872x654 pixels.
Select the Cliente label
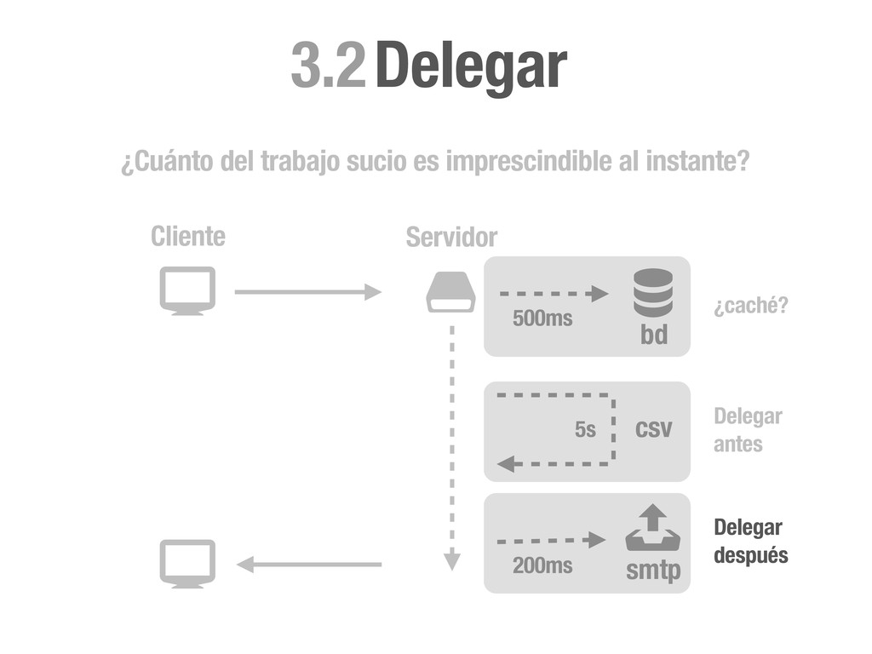click(x=188, y=237)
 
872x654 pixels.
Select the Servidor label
click(x=451, y=238)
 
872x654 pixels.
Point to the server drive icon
click(x=451, y=293)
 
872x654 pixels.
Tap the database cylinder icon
click(x=653, y=293)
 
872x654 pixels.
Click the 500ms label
click(x=542, y=319)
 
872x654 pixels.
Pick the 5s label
click(x=585, y=430)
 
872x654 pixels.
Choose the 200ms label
click(x=542, y=565)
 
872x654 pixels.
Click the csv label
click(x=653, y=428)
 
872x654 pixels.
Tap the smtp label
click(x=653, y=571)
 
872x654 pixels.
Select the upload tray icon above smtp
click(x=653, y=529)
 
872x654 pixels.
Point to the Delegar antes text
click(x=748, y=431)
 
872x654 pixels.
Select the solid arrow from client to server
click(x=307, y=292)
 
